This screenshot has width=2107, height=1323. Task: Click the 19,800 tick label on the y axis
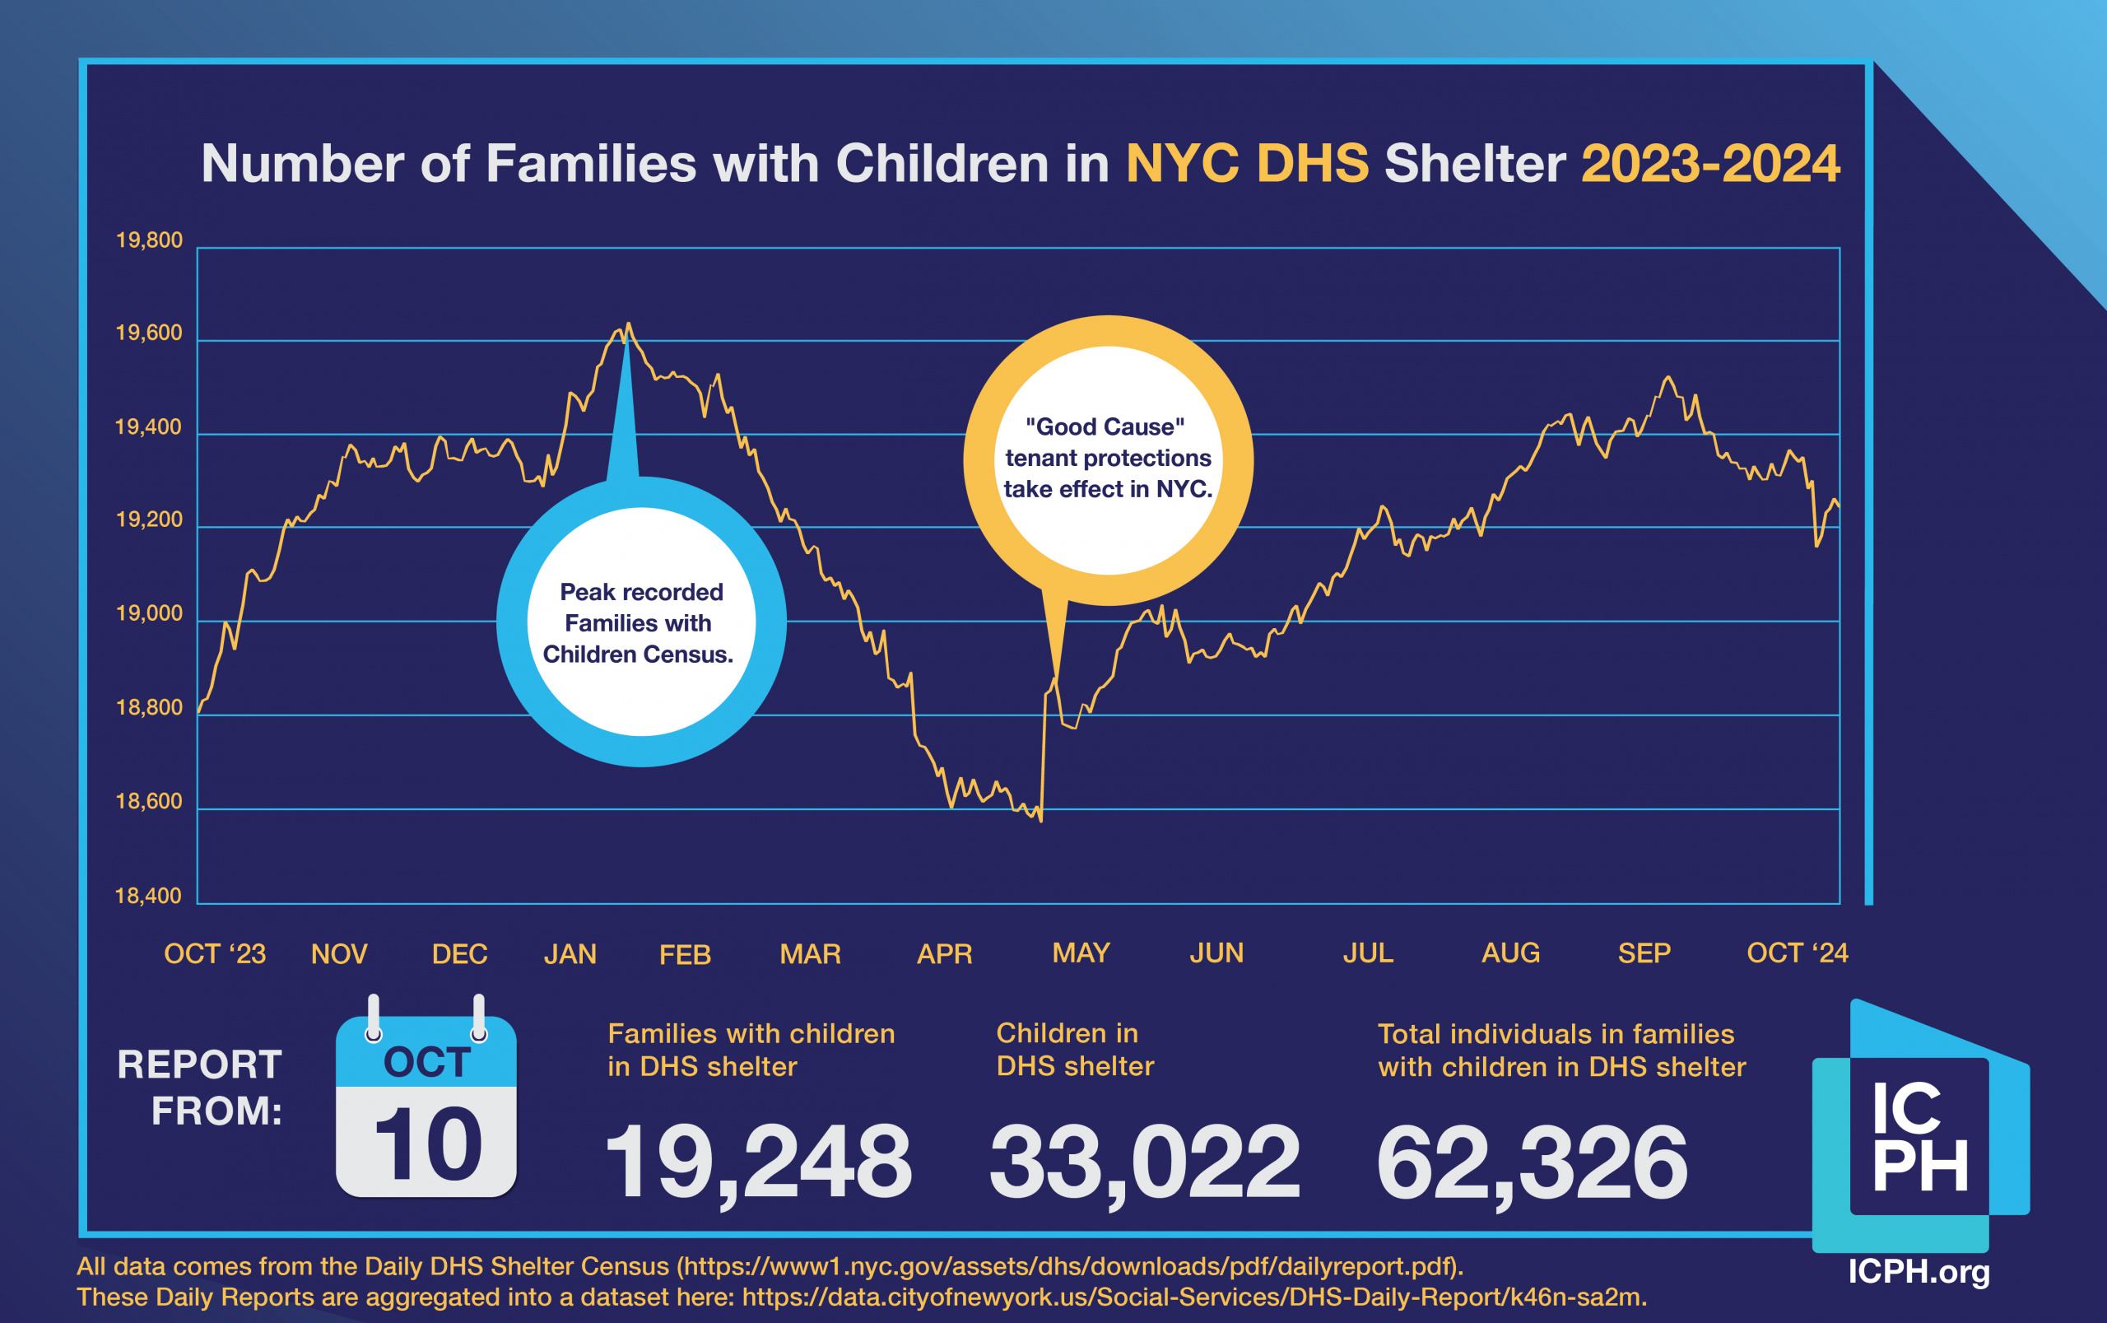149,240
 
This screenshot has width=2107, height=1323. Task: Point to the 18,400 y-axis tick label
149,895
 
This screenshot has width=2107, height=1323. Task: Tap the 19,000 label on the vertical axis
149,613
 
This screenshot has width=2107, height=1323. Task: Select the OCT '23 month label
214,953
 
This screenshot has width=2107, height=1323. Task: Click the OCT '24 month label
1797,952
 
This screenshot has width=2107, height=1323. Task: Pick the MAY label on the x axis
1080,952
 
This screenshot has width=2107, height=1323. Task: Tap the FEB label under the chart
685,953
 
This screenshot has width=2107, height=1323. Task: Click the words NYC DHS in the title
1246,164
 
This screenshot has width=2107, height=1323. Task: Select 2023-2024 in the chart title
1710,164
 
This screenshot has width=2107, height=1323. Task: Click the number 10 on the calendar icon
428,1143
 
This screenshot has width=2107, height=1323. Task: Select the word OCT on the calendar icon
427,1061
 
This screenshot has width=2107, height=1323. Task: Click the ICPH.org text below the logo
1918,1270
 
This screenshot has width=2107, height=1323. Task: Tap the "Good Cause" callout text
1107,458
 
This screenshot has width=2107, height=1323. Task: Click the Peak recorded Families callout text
640,623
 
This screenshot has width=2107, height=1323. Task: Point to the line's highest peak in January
628,324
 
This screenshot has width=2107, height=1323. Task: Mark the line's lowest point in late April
1041,820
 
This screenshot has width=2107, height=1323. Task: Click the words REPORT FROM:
201,1088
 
